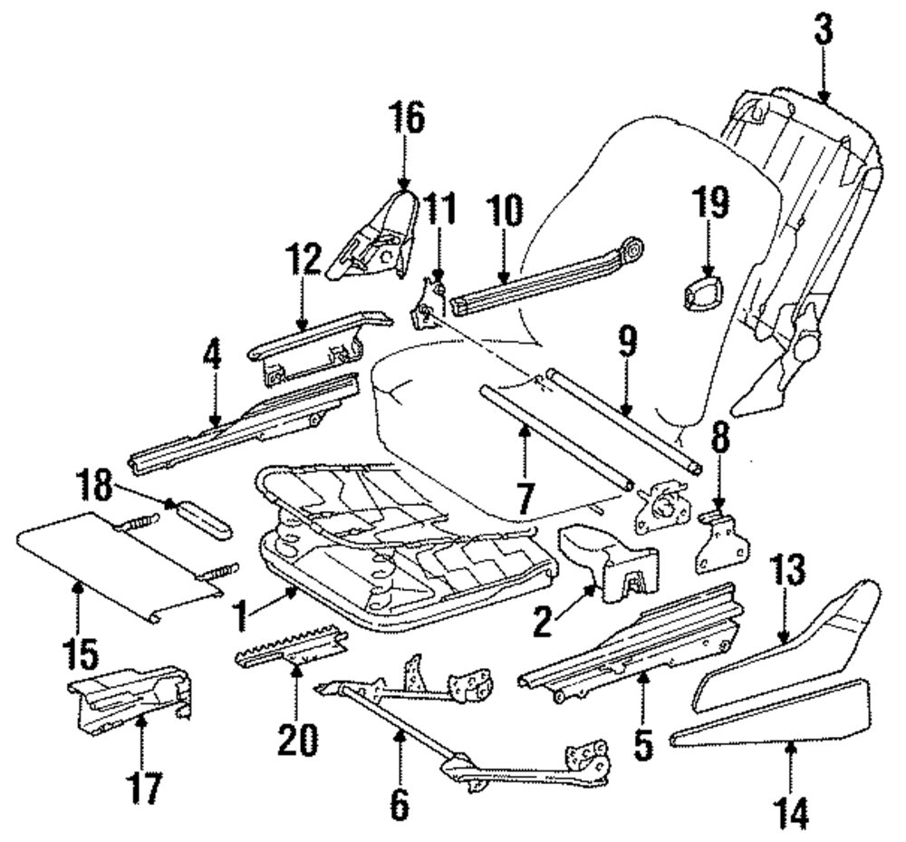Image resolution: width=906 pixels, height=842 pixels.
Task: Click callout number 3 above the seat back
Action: [x=824, y=30]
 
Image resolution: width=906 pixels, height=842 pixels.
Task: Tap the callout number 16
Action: [x=406, y=117]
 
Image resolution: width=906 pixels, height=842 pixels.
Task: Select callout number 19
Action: [x=710, y=203]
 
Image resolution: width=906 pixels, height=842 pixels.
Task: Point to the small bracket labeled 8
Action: [x=723, y=541]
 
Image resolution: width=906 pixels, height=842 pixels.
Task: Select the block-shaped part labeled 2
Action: [x=608, y=563]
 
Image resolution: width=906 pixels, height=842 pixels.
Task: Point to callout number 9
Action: [x=628, y=342]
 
